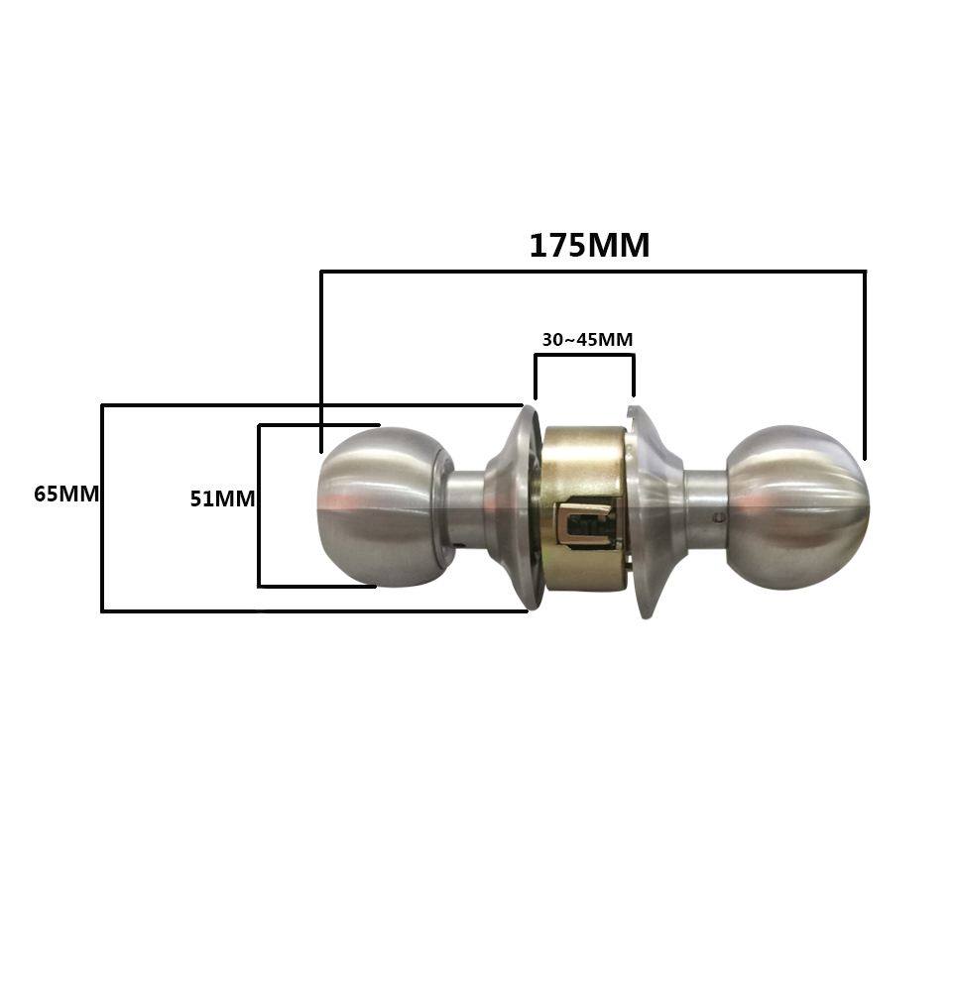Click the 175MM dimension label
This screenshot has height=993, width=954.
tap(589, 246)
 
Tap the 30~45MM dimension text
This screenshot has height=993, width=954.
tap(587, 340)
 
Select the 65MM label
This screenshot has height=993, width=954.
tap(66, 494)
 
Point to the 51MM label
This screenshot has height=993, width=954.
tap(222, 499)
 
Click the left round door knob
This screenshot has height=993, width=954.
tap(384, 506)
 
